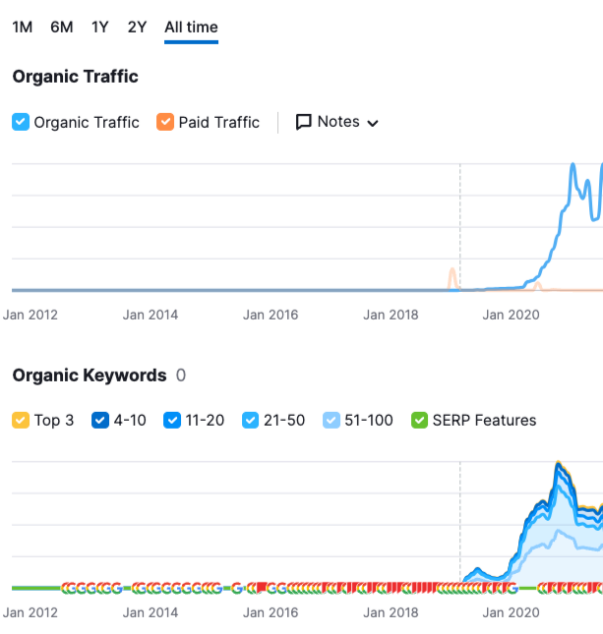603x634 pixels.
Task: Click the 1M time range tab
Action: [x=22, y=27]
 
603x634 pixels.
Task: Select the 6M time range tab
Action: [x=62, y=27]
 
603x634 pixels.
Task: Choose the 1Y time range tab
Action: [x=100, y=27]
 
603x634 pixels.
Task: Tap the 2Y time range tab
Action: [x=137, y=27]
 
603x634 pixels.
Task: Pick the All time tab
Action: [x=191, y=27]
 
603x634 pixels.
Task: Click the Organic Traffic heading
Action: [x=75, y=77]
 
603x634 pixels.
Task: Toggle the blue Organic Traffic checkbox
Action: [x=21, y=122]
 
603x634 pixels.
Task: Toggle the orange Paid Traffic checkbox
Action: [x=165, y=122]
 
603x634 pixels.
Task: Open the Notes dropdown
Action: [x=337, y=122]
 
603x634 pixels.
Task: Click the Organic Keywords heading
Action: [x=90, y=375]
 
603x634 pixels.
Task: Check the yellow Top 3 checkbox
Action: [x=21, y=420]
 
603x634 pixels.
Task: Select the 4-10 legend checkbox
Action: [x=99, y=420]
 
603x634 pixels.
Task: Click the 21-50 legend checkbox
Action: [x=251, y=420]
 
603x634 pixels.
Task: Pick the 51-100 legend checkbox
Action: [x=332, y=420]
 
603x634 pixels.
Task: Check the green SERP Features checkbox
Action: [x=419, y=420]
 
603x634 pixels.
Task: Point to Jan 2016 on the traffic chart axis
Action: [x=271, y=316]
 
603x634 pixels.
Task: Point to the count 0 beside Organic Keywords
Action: [x=180, y=375]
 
